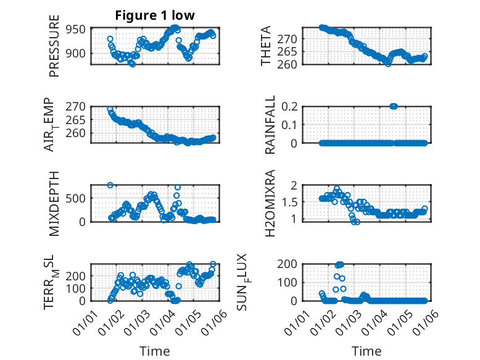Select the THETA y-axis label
[x=266, y=46]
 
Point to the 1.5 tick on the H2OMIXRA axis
[x=292, y=202]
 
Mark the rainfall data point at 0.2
[x=394, y=106]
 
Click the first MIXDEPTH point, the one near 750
[x=110, y=185]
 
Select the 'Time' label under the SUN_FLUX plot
[x=366, y=351]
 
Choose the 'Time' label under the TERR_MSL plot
[x=154, y=351]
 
